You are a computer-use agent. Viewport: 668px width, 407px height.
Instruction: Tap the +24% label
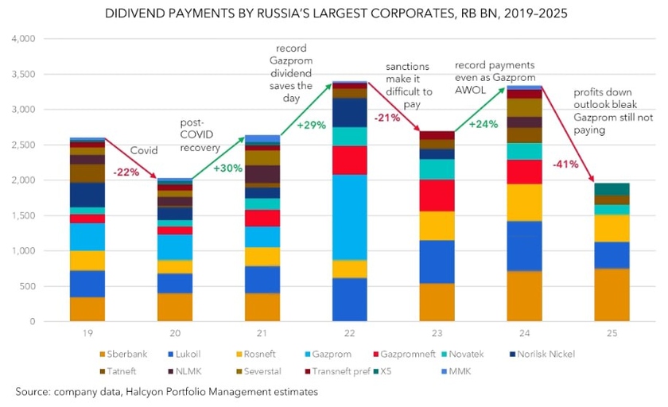tap(487, 124)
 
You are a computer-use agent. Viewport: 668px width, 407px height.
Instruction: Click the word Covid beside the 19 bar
tap(145, 149)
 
